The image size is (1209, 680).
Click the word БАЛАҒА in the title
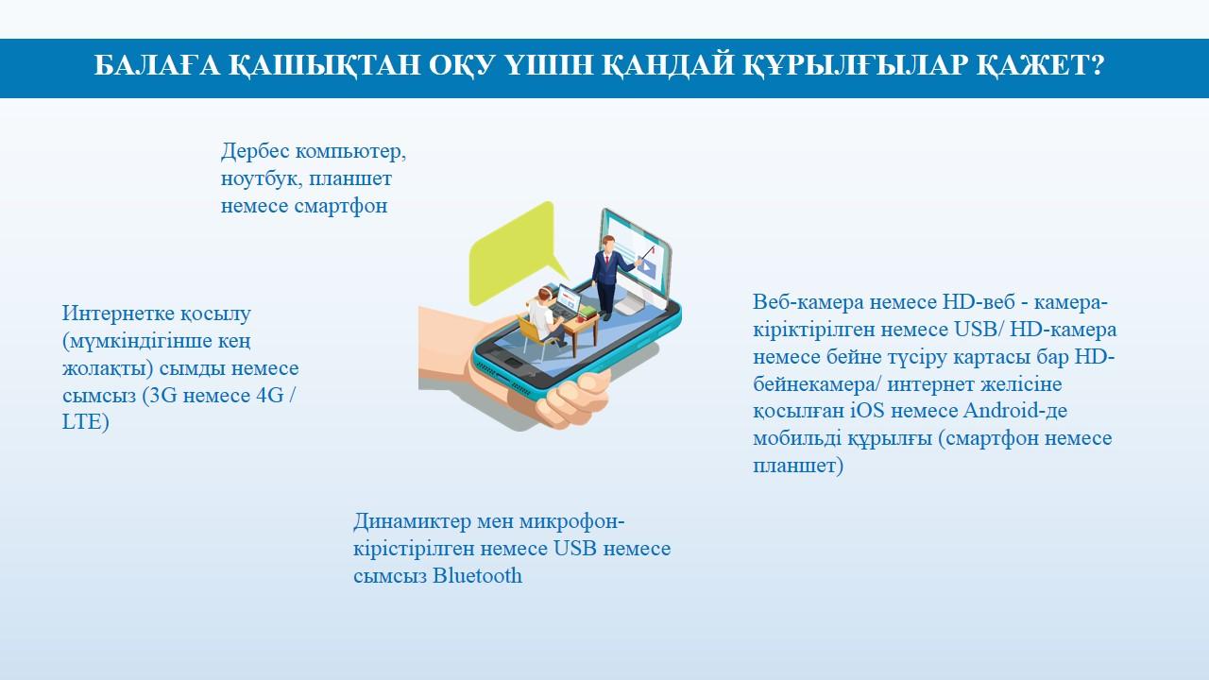click(x=157, y=65)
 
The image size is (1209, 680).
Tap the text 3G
click(x=162, y=396)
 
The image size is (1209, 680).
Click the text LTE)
click(x=86, y=422)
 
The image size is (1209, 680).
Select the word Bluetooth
click(x=477, y=575)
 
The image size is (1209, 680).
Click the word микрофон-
click(x=571, y=521)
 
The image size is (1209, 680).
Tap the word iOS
click(x=867, y=411)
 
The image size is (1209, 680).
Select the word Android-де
click(x=1015, y=411)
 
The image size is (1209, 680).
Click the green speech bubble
click(x=516, y=251)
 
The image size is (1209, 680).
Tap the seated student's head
click(x=545, y=294)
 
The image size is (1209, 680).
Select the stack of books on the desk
click(x=587, y=312)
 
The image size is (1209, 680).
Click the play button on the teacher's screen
click(x=648, y=267)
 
